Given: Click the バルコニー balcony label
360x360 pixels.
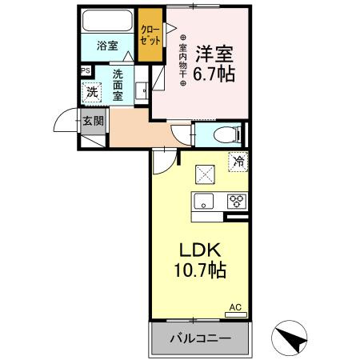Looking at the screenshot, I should pos(199,338).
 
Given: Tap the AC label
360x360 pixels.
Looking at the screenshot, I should pos(235,306).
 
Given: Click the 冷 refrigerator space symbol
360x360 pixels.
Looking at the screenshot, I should pos(238,162).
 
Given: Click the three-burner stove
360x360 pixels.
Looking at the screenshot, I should pos(238,202).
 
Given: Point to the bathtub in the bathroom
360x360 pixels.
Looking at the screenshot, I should pos(108,22).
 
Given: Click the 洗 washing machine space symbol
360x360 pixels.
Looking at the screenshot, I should pos(92,92).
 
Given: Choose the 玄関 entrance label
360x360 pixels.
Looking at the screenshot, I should pos(93,122).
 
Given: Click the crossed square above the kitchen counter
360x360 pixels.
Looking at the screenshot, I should pos(205,171).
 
